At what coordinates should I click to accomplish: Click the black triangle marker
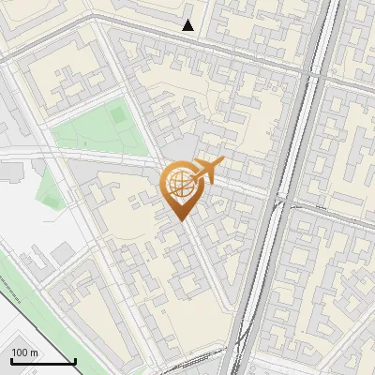[188, 25]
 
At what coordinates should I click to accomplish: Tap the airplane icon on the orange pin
[207, 171]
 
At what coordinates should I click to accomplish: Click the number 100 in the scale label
[21, 352]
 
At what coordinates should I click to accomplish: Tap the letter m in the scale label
[36, 352]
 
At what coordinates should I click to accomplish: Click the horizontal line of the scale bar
[43, 361]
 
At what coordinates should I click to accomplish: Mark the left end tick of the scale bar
[11, 359]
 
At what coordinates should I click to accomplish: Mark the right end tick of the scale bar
[75, 359]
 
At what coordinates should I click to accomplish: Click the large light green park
[98, 131]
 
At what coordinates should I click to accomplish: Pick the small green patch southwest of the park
[48, 187]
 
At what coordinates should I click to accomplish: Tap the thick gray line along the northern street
[234, 55]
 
